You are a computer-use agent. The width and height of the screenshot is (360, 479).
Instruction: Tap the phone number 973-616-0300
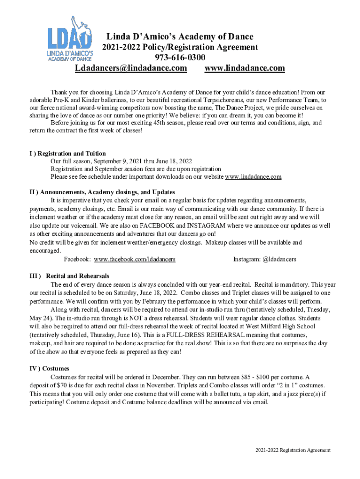(x=180, y=58)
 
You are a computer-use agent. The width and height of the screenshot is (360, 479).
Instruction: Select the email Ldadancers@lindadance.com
(x=131, y=68)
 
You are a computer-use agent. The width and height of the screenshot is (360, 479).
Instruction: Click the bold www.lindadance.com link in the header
(x=245, y=68)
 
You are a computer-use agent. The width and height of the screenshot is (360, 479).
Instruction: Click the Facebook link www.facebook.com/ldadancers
(x=135, y=259)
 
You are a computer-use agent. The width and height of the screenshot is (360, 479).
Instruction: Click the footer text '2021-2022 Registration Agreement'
(x=293, y=450)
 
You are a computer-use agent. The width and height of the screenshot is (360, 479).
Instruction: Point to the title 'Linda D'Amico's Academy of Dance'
(x=180, y=36)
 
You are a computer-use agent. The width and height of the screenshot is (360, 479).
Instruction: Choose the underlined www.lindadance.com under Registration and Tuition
(x=253, y=177)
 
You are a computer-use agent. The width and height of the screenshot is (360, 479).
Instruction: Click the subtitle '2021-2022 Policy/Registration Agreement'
(x=180, y=47)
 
